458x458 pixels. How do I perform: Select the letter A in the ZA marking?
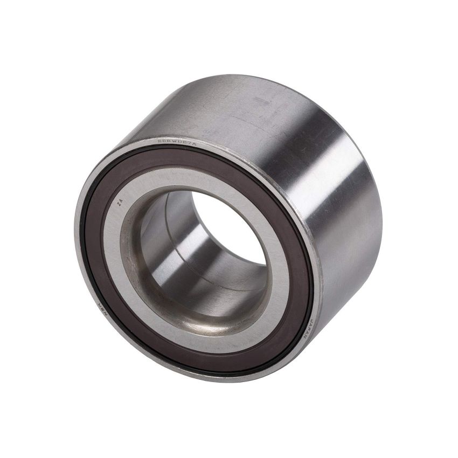point(119,202)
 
